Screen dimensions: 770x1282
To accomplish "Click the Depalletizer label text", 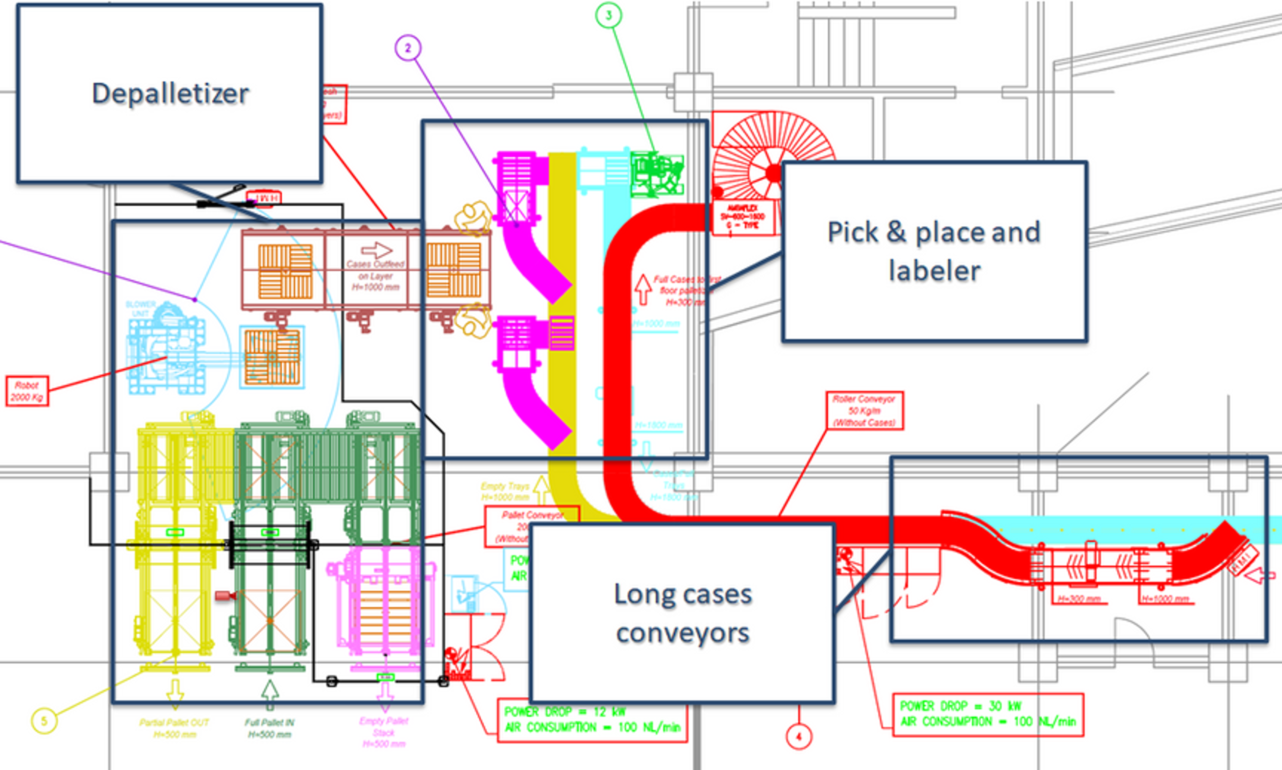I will pyautogui.click(x=170, y=94).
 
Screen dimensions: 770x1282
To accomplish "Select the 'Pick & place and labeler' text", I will pyautogui.click(x=934, y=251).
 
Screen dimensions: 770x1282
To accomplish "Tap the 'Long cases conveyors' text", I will pyautogui.click(x=683, y=613).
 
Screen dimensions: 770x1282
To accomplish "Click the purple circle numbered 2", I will pyautogui.click(x=408, y=48).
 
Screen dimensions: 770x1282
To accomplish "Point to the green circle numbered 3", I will pyautogui.click(x=608, y=16).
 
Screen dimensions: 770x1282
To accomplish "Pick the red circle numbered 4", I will pyautogui.click(x=799, y=736).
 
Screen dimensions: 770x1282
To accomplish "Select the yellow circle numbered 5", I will pyautogui.click(x=44, y=721).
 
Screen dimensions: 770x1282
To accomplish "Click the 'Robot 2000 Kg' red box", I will pyautogui.click(x=27, y=391).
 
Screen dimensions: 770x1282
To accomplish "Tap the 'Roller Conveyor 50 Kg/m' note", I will pyautogui.click(x=864, y=410).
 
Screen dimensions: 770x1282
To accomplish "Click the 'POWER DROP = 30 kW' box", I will pyautogui.click(x=987, y=714).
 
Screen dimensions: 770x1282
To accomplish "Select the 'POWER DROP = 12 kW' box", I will pyautogui.click(x=592, y=720).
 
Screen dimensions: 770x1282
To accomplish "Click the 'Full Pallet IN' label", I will pyautogui.click(x=270, y=728).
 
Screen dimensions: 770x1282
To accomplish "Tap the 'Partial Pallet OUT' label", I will pyautogui.click(x=174, y=728).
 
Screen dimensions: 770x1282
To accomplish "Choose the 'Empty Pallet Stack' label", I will pyautogui.click(x=384, y=732).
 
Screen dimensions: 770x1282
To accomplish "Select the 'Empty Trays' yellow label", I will pyautogui.click(x=504, y=491).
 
